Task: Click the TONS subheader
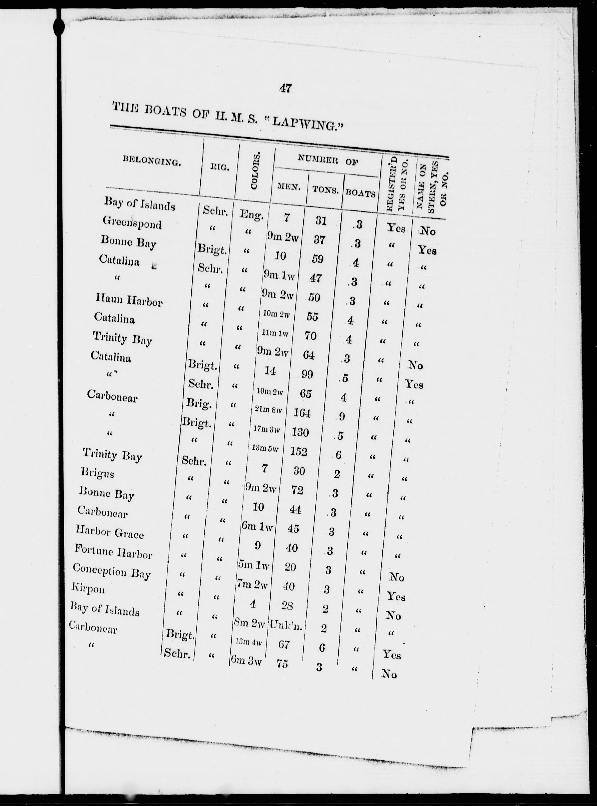point(325,190)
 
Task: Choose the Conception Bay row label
point(111,571)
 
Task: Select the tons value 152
point(298,452)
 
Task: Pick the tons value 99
point(307,375)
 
